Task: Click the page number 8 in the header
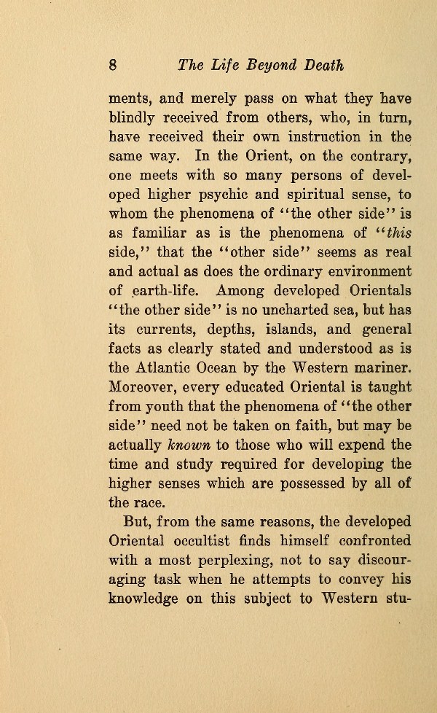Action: point(113,64)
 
